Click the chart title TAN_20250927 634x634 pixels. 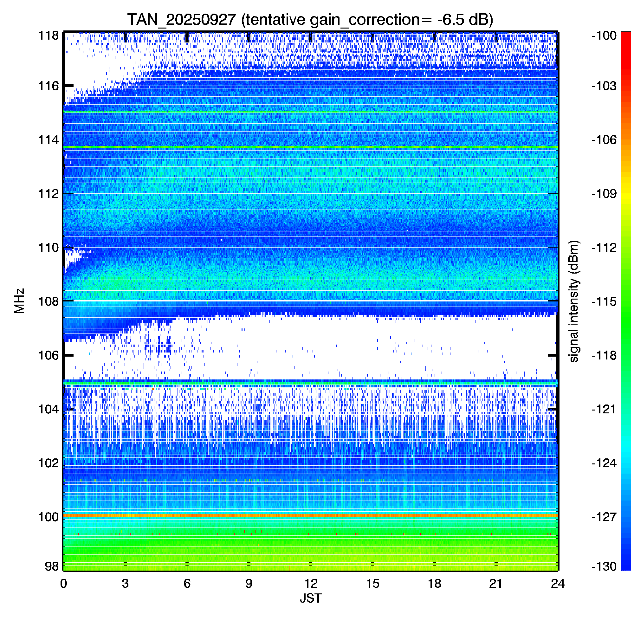(181, 20)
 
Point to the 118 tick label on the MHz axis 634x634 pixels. (49, 36)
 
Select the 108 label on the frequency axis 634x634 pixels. (49, 301)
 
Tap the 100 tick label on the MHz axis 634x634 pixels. (49, 517)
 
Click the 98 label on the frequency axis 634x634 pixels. (52, 566)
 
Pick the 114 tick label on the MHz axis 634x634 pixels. (49, 140)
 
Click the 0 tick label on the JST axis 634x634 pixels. (64, 584)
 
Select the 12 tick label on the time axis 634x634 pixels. (311, 584)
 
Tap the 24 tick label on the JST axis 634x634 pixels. (558, 584)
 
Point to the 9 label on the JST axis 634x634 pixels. (249, 584)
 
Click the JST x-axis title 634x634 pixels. (311, 598)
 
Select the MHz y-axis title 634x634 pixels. (19, 301)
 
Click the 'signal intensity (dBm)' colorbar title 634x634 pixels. (574, 301)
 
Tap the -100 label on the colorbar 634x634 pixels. (604, 36)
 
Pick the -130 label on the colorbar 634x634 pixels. (604, 566)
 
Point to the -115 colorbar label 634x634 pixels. (604, 301)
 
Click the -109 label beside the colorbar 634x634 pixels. (604, 194)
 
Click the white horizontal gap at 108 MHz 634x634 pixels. (311, 300)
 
